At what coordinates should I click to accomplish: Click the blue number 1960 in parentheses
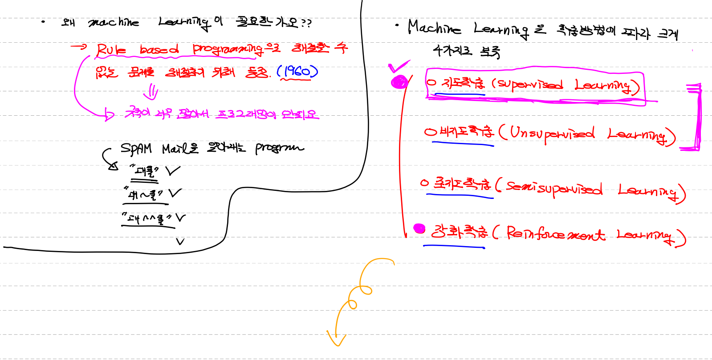coord(297,71)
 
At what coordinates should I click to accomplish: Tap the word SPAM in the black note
coord(136,149)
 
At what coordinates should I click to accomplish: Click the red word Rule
coord(111,50)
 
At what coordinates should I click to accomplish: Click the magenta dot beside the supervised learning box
coord(399,82)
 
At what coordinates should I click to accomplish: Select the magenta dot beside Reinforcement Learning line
coord(419,229)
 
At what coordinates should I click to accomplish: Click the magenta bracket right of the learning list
coord(696,117)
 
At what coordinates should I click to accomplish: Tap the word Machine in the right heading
coord(434,28)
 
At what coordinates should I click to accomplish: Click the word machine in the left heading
coord(114,22)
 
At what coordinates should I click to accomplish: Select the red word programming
coord(227,49)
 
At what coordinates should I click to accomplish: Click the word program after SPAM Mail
coord(279,148)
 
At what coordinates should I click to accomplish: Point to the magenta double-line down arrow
coord(152,92)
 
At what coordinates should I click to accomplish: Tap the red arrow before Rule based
coord(79,46)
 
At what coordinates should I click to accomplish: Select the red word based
coord(159,49)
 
